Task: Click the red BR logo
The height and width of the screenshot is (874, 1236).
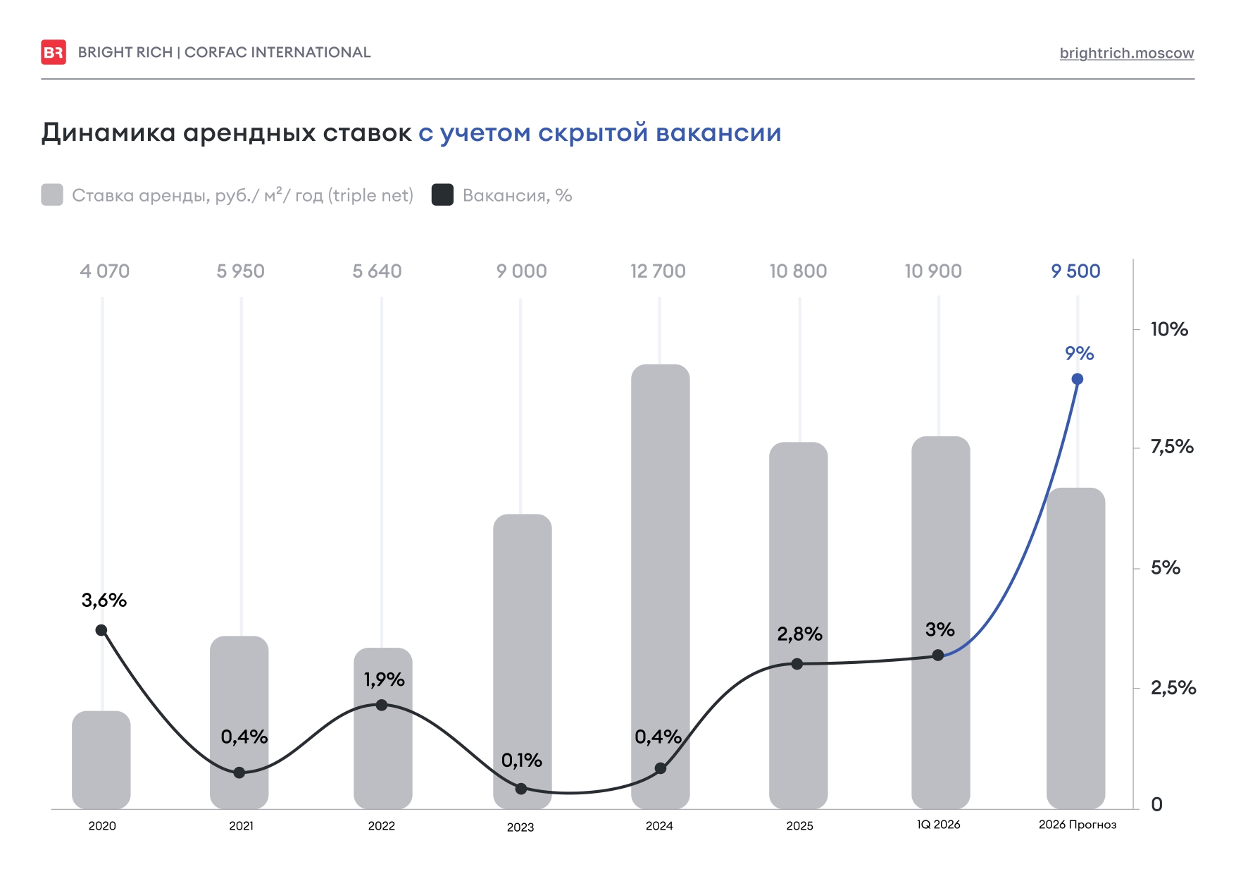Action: click(x=54, y=52)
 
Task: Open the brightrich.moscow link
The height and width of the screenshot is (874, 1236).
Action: click(x=1126, y=53)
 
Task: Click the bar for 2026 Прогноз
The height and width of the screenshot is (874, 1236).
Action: click(x=1075, y=648)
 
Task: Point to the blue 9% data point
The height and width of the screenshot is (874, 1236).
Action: click(x=1077, y=379)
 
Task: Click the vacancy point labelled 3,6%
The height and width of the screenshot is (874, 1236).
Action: click(x=101, y=630)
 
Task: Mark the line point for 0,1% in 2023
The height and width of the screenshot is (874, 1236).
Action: click(x=521, y=789)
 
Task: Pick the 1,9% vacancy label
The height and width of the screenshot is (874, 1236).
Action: click(x=384, y=679)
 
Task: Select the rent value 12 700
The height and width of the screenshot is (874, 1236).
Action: click(x=658, y=271)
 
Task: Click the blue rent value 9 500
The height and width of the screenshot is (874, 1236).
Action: click(x=1075, y=271)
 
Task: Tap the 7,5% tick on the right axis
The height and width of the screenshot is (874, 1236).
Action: click(x=1171, y=447)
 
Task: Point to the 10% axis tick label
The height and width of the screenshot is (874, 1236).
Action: click(x=1168, y=329)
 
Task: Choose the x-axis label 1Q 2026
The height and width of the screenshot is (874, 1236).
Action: click(x=938, y=825)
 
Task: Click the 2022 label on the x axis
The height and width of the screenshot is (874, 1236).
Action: click(x=381, y=826)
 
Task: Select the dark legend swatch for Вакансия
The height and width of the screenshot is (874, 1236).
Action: click(x=442, y=195)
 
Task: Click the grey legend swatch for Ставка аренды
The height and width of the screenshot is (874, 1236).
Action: click(x=52, y=195)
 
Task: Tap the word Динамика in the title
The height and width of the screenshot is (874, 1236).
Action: click(x=108, y=133)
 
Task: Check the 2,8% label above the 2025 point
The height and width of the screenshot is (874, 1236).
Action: click(x=799, y=634)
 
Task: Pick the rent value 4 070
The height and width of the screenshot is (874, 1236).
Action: click(x=105, y=271)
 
